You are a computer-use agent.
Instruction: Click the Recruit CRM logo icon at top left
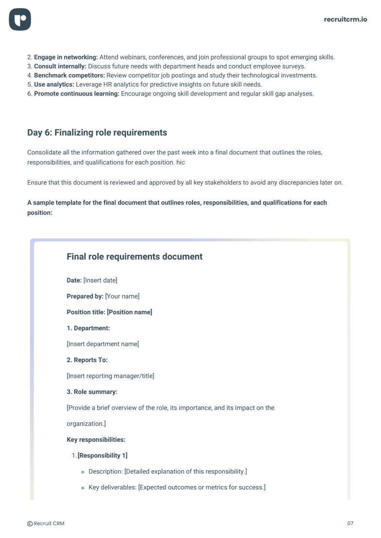20,20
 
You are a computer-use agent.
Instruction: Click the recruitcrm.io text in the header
345,19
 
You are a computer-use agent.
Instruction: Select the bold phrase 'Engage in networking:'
66,57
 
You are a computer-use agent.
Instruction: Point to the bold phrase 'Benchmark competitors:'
69,76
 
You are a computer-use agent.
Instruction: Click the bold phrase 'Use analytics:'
54,85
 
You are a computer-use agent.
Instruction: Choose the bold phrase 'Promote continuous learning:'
76,94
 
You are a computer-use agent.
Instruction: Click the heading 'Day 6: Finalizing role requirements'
97,133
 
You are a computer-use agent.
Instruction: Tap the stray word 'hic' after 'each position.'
181,163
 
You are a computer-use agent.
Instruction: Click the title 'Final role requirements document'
135,257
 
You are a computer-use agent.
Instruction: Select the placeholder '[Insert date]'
101,281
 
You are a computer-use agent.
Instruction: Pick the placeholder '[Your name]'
122,297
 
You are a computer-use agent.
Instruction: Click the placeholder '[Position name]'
129,312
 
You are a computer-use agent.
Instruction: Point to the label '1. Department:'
88,328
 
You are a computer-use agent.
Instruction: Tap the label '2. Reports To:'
87,360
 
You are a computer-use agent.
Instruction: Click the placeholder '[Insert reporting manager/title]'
110,376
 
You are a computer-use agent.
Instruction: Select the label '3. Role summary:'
92,392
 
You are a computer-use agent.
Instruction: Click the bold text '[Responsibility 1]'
103,456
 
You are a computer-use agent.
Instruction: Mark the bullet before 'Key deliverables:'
83,488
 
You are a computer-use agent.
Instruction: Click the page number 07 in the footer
350,523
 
